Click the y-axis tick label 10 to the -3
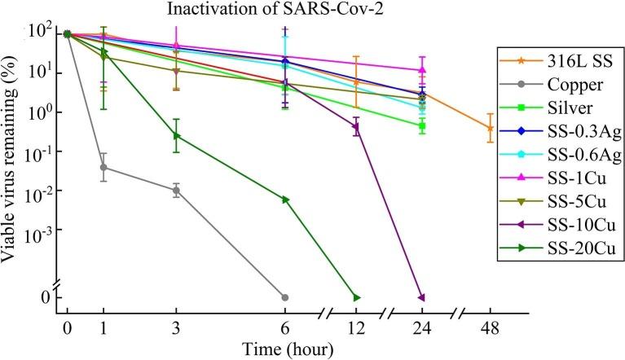pyautogui.click(x=38, y=231)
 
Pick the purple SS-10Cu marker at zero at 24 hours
pyautogui.click(x=421, y=297)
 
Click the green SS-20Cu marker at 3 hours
pyautogui.click(x=177, y=135)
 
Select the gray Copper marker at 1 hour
pyautogui.click(x=103, y=167)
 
